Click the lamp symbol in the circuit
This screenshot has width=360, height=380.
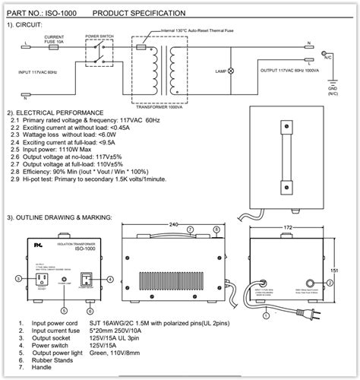tap(232, 70)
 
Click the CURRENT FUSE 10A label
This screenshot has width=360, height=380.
tap(54, 39)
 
